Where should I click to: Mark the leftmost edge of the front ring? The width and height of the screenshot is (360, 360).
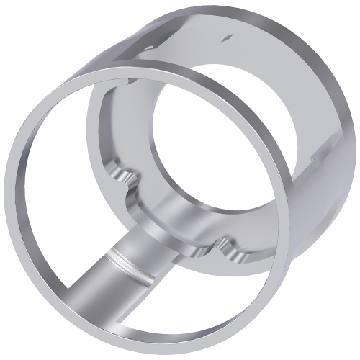(x=9, y=194)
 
